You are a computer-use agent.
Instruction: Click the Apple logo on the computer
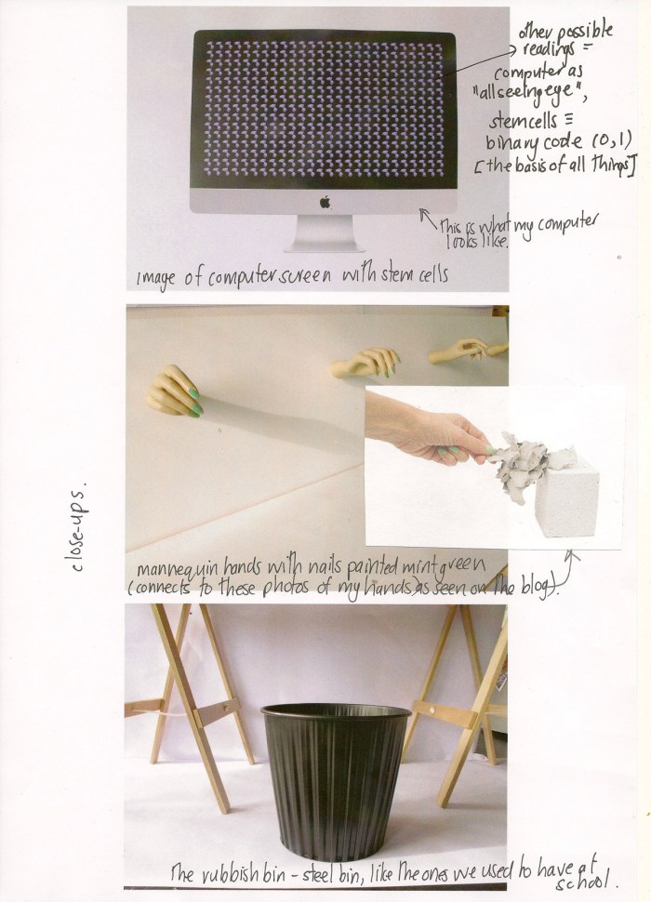click(325, 200)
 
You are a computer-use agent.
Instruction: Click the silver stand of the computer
click(325, 234)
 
